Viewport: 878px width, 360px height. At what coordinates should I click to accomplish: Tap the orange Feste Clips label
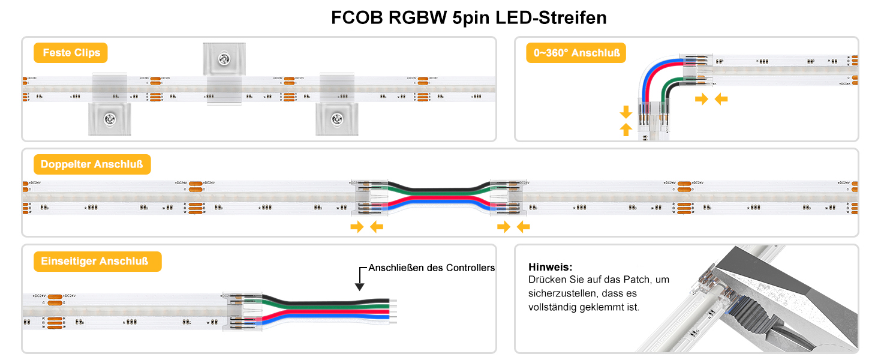tap(71, 53)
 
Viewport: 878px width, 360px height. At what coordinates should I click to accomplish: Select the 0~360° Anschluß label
tap(576, 53)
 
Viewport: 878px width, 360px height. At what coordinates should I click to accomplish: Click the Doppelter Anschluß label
tap(92, 164)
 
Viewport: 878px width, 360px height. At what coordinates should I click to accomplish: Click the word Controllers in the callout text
tap(470, 268)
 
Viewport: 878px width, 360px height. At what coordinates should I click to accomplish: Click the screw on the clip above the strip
tap(224, 59)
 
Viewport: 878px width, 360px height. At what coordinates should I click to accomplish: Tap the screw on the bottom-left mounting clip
tap(110, 118)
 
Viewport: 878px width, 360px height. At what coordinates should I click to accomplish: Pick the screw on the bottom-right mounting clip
tap(337, 118)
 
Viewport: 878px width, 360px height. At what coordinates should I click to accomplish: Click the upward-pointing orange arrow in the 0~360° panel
tap(626, 128)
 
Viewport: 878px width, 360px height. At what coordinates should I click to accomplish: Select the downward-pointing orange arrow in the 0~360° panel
tap(626, 112)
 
